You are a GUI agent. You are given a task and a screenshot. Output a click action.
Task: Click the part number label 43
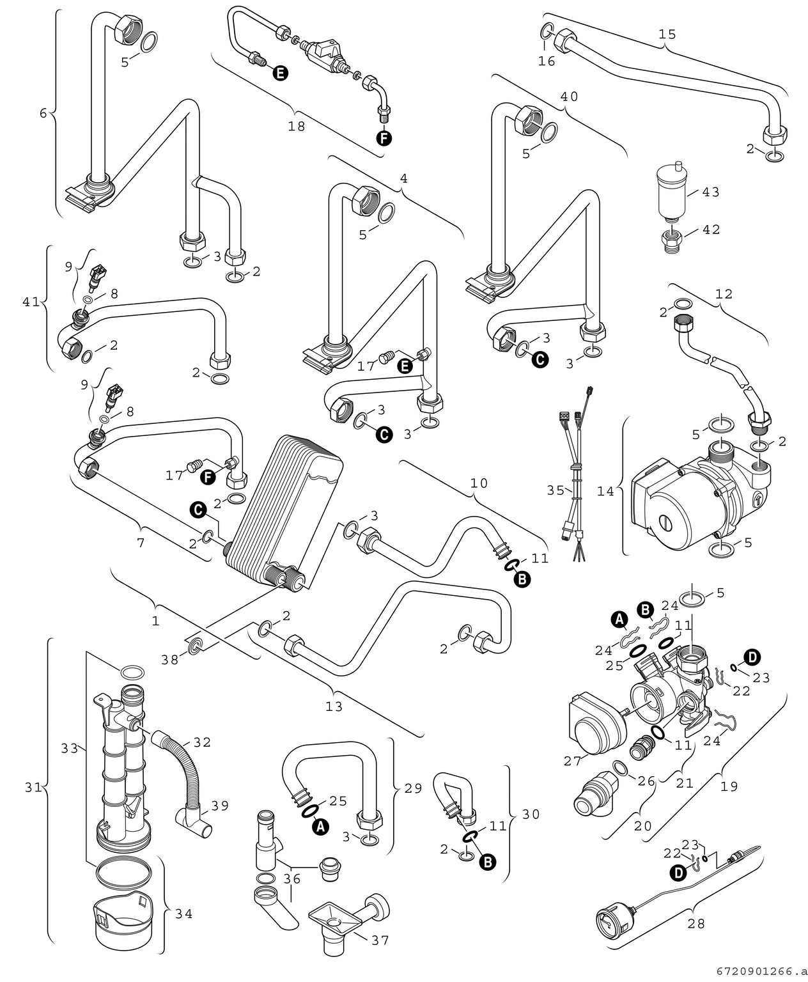tap(711, 192)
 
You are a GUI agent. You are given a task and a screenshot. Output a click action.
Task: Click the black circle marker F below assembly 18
tap(384, 137)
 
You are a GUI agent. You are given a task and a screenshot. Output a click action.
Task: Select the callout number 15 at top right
tap(667, 34)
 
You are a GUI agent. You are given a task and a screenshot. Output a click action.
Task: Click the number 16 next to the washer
tap(547, 61)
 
